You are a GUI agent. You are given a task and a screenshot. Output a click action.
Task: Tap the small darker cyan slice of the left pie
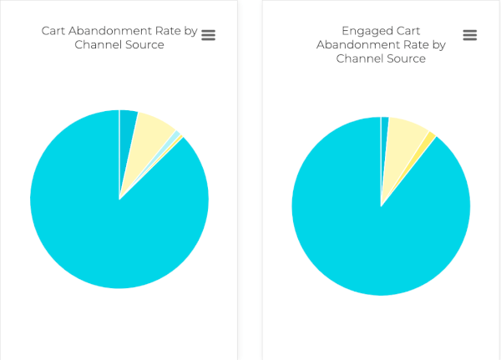pyautogui.click(x=127, y=125)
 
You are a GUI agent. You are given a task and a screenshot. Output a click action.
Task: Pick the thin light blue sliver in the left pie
pyautogui.click(x=172, y=136)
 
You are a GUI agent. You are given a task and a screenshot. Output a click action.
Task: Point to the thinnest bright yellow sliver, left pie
pyautogui.click(x=178, y=139)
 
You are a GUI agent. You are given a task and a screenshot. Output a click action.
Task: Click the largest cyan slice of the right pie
pyautogui.click(x=367, y=234)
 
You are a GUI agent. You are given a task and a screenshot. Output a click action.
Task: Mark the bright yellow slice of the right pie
pyautogui.click(x=428, y=137)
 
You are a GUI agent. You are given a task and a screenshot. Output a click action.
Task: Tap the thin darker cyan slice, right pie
pyautogui.click(x=384, y=129)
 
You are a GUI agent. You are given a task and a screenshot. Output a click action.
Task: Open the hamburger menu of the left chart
pyautogui.click(x=209, y=34)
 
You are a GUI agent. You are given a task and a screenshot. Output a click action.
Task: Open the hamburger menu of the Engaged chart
pyautogui.click(x=470, y=35)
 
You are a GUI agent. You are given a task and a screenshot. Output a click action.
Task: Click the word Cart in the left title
pyautogui.click(x=55, y=31)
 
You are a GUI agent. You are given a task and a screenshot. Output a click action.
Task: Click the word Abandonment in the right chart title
pyautogui.click(x=357, y=45)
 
